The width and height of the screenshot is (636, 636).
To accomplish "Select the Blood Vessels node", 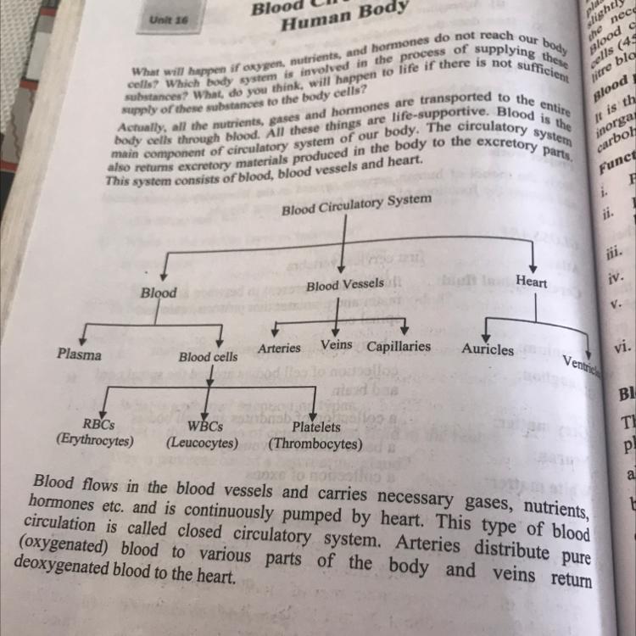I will [344, 285].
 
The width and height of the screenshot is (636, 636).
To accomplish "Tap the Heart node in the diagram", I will [531, 282].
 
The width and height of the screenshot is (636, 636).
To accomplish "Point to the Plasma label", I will [79, 354].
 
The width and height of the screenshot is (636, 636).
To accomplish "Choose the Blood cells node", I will [208, 357].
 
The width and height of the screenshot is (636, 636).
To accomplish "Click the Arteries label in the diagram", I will [279, 348].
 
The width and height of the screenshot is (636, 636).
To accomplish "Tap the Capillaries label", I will [399, 346].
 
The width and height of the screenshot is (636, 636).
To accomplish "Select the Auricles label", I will [488, 349].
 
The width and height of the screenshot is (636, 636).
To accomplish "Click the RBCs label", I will [98, 423].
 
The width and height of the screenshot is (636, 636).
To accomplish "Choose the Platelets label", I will [316, 427].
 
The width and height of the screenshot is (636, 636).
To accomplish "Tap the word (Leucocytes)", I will [202, 443].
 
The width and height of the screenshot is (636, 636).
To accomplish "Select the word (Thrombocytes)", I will [315, 444].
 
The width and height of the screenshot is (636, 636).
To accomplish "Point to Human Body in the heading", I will [332, 19].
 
